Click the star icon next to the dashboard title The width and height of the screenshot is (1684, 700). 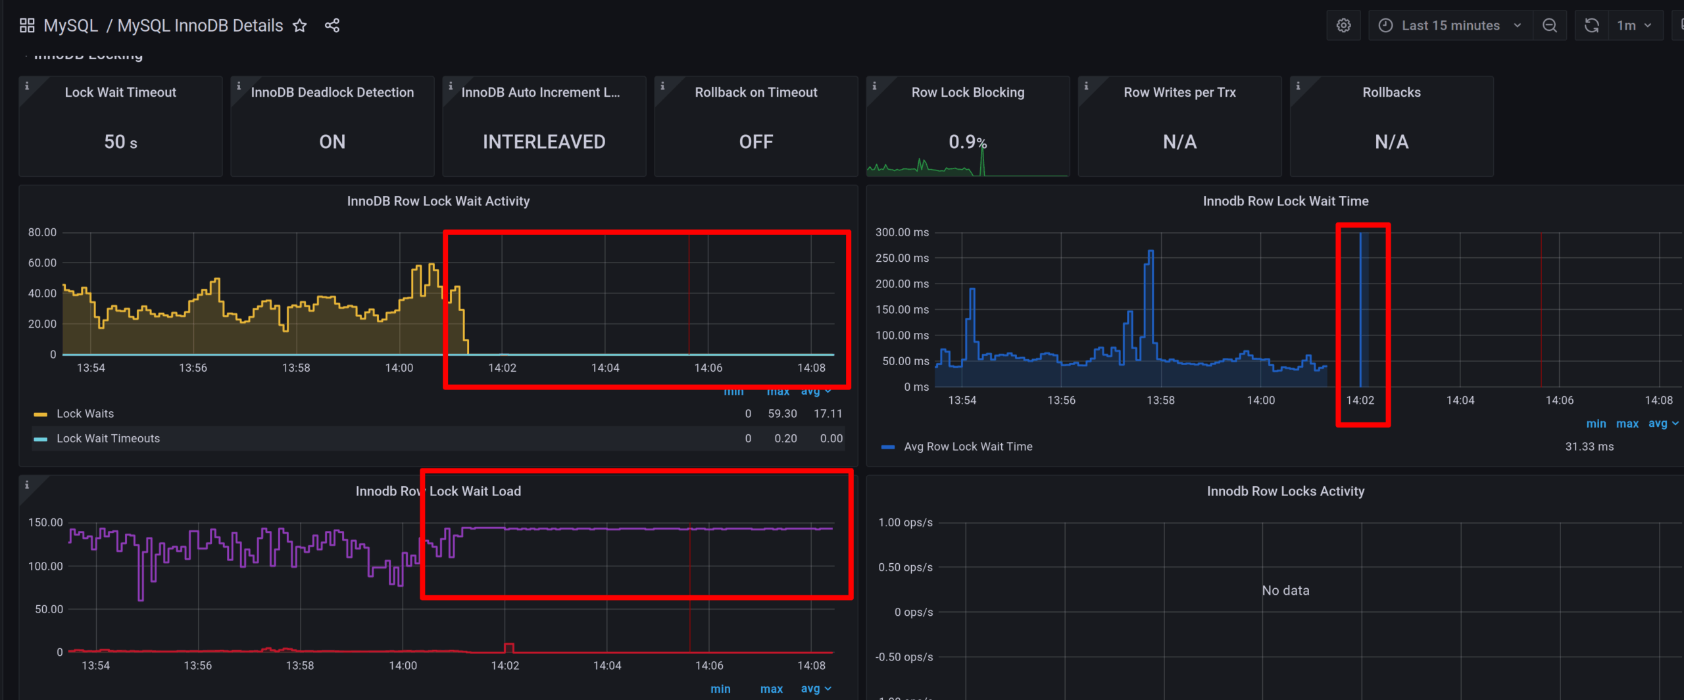300,26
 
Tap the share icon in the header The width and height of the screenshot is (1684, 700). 332,26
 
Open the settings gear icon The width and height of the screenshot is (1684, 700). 1343,26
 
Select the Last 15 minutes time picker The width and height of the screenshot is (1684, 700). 1450,26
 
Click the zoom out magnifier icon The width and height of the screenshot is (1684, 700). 1549,26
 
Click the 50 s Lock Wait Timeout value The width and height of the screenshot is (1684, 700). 120,142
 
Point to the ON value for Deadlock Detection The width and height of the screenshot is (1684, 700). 332,142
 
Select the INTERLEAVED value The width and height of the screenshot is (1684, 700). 544,142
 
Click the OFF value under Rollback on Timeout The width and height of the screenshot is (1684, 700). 756,142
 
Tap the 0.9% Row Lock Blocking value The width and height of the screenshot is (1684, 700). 967,141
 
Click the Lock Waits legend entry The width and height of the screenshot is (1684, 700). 85,414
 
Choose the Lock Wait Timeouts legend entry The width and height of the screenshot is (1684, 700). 108,439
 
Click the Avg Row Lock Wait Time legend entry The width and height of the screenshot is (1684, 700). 968,447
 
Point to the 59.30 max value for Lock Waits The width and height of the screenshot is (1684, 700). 782,414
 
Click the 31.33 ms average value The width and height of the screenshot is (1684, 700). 1589,447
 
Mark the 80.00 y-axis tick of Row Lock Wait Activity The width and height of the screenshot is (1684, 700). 42,232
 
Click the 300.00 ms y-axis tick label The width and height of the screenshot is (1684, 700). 902,232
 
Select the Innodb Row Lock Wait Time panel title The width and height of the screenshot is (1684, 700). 1285,201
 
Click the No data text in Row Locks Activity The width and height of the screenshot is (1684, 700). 1285,591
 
